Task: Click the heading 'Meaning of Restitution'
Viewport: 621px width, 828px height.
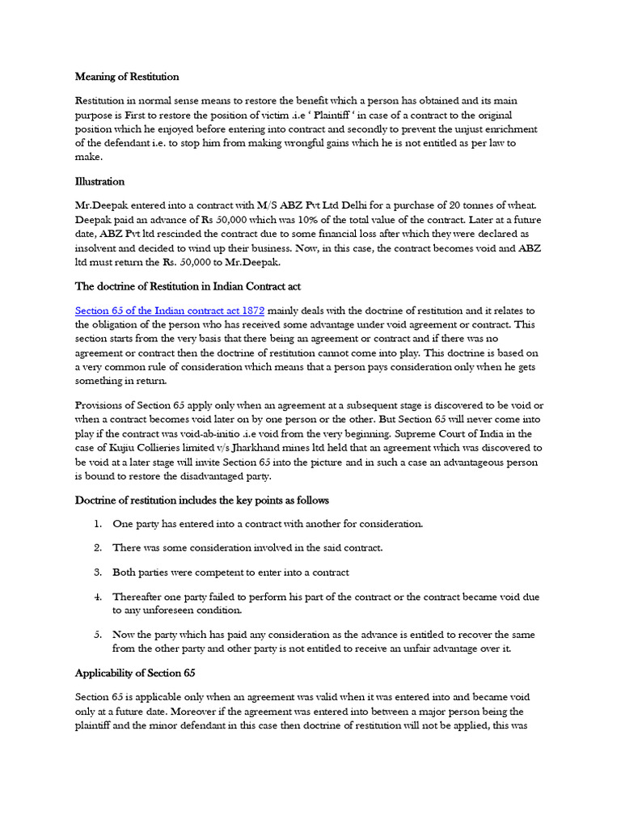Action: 127,77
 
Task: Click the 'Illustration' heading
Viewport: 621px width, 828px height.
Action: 99,182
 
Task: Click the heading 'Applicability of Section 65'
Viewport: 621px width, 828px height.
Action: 135,673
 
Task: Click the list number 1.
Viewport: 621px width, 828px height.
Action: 96,524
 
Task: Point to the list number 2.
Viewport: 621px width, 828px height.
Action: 96,548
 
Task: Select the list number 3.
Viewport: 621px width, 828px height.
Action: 96,572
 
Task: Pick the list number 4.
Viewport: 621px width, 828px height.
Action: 96,597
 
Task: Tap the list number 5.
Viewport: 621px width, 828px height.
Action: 96,635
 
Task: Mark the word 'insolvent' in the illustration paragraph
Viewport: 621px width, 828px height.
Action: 98,247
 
